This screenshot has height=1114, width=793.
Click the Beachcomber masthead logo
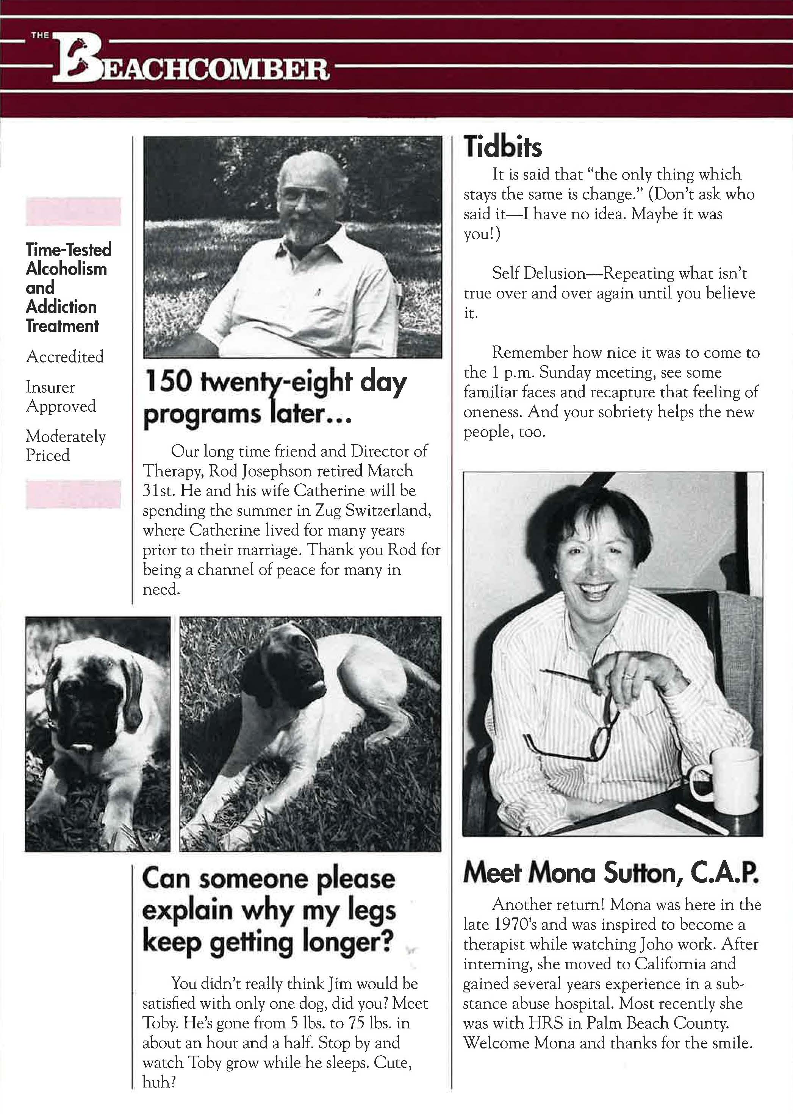[x=191, y=61]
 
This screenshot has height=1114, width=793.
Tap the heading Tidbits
[x=502, y=147]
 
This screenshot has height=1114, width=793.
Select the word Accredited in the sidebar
[x=64, y=356]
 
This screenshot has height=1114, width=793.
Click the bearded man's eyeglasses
[x=306, y=196]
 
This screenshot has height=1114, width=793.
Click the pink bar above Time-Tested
[x=73, y=211]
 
